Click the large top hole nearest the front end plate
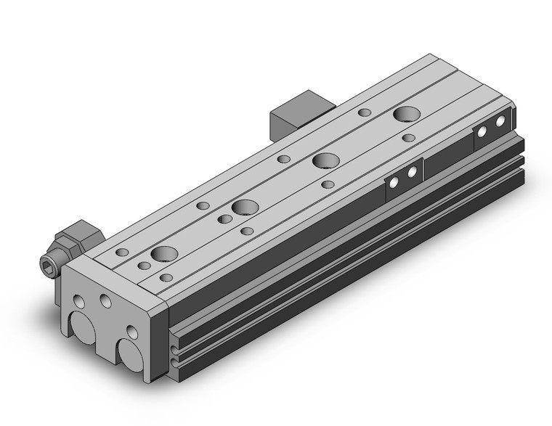(x=164, y=255)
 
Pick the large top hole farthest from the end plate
(x=407, y=115)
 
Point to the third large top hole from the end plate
(x=325, y=161)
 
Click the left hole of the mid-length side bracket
(x=393, y=184)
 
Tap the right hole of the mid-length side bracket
(x=412, y=173)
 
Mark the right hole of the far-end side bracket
(x=500, y=123)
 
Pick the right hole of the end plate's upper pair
(x=105, y=299)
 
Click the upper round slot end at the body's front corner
(x=175, y=337)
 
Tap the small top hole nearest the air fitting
(x=122, y=252)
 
